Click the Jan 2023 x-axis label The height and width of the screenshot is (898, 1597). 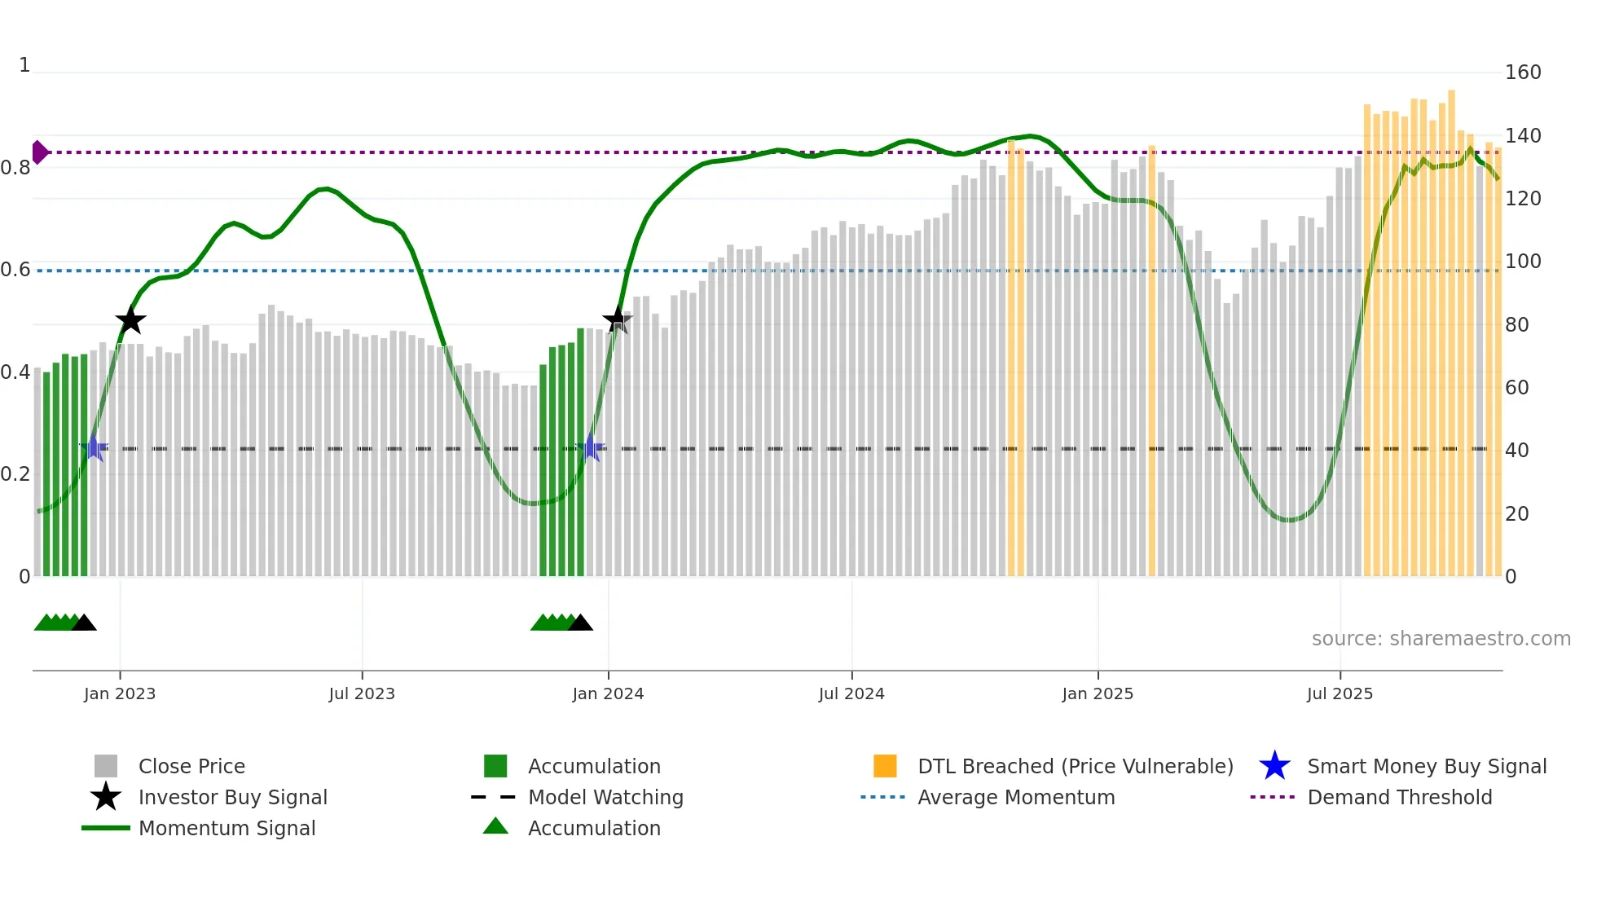(x=120, y=693)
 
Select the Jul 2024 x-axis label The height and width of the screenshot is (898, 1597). (x=851, y=693)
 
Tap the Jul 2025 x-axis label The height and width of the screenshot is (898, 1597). (x=1340, y=693)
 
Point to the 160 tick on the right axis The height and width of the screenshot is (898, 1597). (x=1523, y=73)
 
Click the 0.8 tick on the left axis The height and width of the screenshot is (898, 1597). (x=15, y=168)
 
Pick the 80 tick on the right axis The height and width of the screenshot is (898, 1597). (x=1517, y=324)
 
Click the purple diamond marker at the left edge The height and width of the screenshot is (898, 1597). (x=39, y=152)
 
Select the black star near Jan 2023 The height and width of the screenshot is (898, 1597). (x=130, y=320)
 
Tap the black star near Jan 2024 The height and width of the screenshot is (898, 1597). (x=617, y=319)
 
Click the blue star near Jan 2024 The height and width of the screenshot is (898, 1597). (x=591, y=448)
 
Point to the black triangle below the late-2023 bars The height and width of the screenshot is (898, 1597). (x=580, y=623)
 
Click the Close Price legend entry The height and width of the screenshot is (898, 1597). (x=191, y=766)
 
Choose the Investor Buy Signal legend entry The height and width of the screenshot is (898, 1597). (x=232, y=797)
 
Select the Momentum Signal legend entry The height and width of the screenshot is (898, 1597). (x=227, y=828)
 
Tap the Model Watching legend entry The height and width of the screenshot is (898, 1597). (x=605, y=797)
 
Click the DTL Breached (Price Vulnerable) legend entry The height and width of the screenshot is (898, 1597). (x=1075, y=766)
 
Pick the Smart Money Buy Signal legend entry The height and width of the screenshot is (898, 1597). (x=1426, y=766)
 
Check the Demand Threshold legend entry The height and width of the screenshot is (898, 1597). (x=1399, y=797)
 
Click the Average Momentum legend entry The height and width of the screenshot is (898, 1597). (x=1016, y=797)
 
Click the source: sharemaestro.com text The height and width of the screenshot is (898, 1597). (x=1441, y=638)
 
